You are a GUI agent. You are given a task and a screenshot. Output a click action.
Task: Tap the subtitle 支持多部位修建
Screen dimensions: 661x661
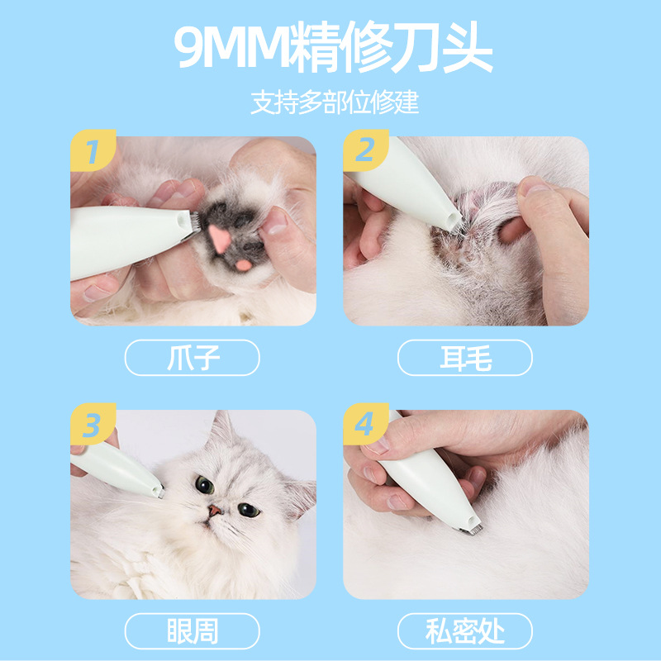coord(335,102)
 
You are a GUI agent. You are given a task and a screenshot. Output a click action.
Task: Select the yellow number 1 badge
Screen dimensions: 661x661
coord(93,150)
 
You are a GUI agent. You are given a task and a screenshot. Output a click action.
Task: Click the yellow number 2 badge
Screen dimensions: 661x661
coord(365,150)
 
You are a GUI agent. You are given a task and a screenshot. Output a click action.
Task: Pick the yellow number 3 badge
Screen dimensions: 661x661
coord(93,424)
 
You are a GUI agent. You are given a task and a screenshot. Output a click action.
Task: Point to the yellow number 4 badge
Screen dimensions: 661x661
coord(365,424)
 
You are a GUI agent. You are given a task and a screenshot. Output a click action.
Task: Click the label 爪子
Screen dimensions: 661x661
coord(193,358)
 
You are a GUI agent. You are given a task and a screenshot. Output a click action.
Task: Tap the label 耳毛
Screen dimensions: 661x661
coord(465,358)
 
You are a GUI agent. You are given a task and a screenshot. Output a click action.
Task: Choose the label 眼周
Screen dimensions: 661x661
coord(193,631)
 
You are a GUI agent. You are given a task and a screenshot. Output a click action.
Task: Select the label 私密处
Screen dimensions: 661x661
coord(465,631)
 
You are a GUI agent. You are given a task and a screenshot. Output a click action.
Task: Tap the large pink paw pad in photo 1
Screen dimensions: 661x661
coord(220,238)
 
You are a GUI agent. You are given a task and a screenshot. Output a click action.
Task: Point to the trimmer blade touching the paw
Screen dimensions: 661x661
coord(194,223)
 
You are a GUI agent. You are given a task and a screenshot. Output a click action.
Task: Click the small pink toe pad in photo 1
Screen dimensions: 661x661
coord(243,265)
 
